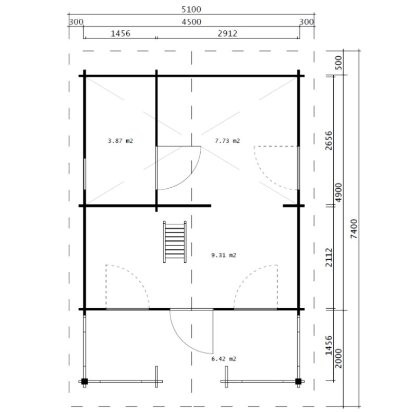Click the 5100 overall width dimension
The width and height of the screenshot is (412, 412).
pos(191,9)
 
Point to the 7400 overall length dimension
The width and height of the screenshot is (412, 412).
pos(354,228)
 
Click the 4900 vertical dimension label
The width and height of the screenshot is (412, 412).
pos(338,193)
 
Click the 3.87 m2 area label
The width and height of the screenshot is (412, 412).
pos(120,141)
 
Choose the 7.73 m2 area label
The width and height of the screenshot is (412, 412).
pos(227,141)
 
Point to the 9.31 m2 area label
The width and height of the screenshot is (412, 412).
pos(224,256)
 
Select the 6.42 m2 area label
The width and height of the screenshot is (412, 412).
pos(224,359)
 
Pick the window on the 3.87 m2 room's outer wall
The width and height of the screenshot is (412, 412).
pos(85,174)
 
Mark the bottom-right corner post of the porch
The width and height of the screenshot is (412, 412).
pos(298,381)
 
